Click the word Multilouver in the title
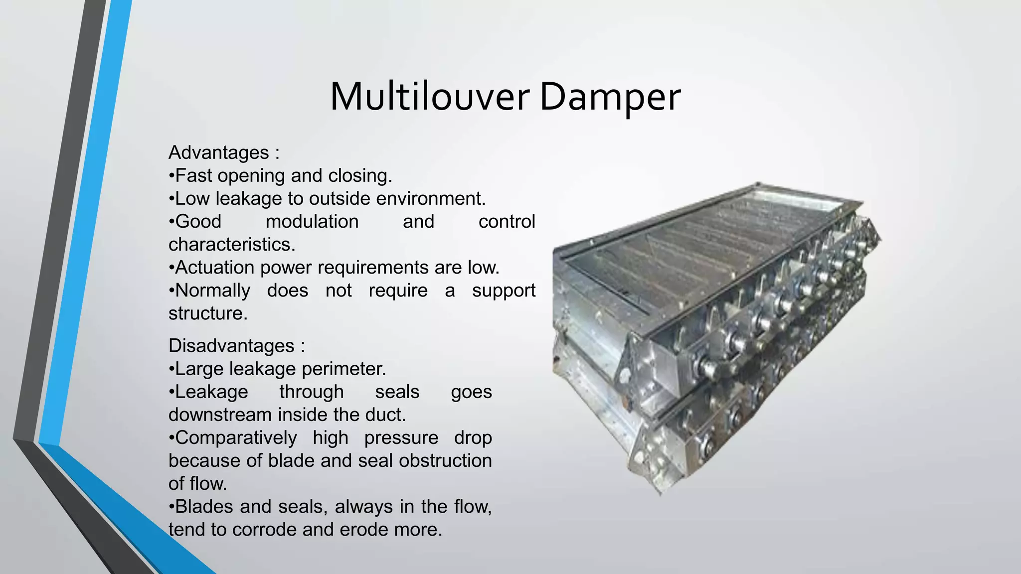[x=429, y=97]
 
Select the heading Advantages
[x=219, y=152]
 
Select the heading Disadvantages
[x=231, y=346]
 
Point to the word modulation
[x=312, y=221]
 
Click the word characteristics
[x=231, y=244]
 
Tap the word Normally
[x=212, y=290]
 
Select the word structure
[x=207, y=313]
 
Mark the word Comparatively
[x=236, y=437]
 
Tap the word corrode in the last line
[x=264, y=529]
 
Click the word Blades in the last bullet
[x=204, y=506]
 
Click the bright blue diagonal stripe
[x=85, y=249]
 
